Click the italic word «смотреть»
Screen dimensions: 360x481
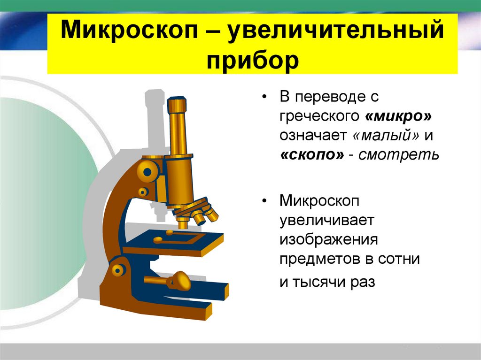399,155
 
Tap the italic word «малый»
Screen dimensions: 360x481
386,135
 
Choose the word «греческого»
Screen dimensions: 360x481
318,116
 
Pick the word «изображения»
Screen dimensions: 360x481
329,239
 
